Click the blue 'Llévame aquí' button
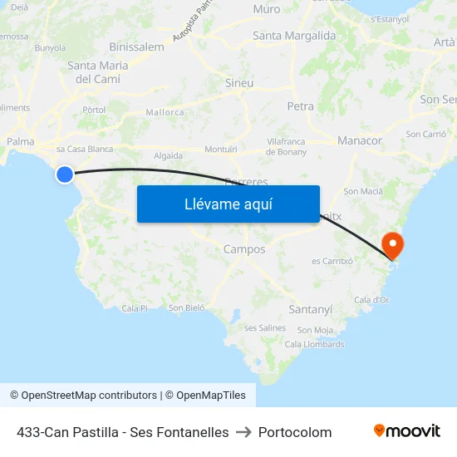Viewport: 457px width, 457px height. tap(228, 204)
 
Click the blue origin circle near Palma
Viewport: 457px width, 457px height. tap(65, 174)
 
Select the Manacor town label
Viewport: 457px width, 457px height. tap(360, 141)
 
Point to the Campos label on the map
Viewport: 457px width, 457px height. tap(244, 249)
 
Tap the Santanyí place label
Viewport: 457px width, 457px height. tap(310, 309)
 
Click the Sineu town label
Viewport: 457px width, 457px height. tap(239, 83)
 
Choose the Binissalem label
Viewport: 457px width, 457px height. tap(136, 47)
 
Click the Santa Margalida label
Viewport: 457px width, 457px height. tap(294, 36)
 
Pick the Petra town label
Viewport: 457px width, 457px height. tap(300, 106)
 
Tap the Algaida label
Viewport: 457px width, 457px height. tap(168, 155)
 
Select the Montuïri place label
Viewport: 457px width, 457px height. tap(221, 149)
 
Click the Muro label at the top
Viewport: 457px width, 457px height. tap(266, 9)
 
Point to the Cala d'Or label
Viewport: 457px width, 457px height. tap(371, 300)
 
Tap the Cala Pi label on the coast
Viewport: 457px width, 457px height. tap(134, 307)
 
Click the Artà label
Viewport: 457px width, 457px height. tap(444, 42)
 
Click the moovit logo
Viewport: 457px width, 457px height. tap(406, 431)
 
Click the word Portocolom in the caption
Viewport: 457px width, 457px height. tap(295, 432)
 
